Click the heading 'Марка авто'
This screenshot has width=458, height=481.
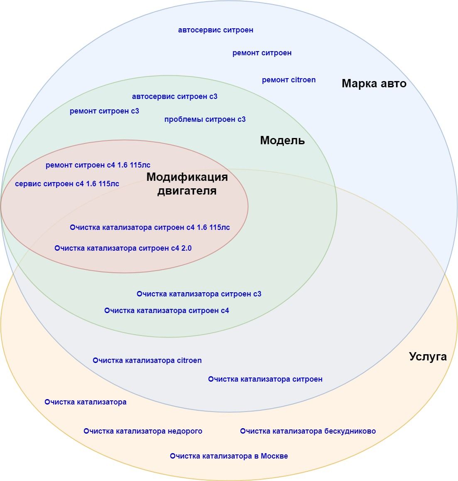(x=374, y=84)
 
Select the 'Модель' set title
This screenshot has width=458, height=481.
(x=282, y=141)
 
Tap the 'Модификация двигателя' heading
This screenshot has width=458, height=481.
(x=187, y=184)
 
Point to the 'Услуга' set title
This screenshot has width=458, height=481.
(x=428, y=357)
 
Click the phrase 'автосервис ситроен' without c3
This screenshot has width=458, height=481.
(x=216, y=30)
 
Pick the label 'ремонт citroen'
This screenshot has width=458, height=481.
(x=289, y=80)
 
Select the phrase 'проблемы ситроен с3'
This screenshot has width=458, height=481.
(x=205, y=119)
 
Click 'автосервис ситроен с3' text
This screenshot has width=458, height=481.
(x=174, y=96)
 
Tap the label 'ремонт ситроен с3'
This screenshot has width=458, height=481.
(x=104, y=111)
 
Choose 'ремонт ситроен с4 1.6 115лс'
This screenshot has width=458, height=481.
(x=98, y=165)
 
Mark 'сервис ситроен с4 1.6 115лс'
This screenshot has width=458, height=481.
(x=67, y=184)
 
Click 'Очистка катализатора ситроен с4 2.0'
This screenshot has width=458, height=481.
(x=123, y=248)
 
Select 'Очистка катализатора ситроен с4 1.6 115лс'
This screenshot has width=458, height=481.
(x=149, y=227)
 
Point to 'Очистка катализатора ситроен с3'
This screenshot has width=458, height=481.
(x=199, y=294)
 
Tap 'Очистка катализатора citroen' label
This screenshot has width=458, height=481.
(x=147, y=360)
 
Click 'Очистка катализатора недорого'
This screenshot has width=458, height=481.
(x=143, y=431)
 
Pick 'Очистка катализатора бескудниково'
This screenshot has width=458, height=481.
(x=308, y=431)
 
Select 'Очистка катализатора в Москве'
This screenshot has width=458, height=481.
(x=229, y=456)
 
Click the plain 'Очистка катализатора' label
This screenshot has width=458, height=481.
(x=85, y=402)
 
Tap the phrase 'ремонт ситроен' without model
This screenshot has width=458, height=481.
(x=262, y=53)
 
